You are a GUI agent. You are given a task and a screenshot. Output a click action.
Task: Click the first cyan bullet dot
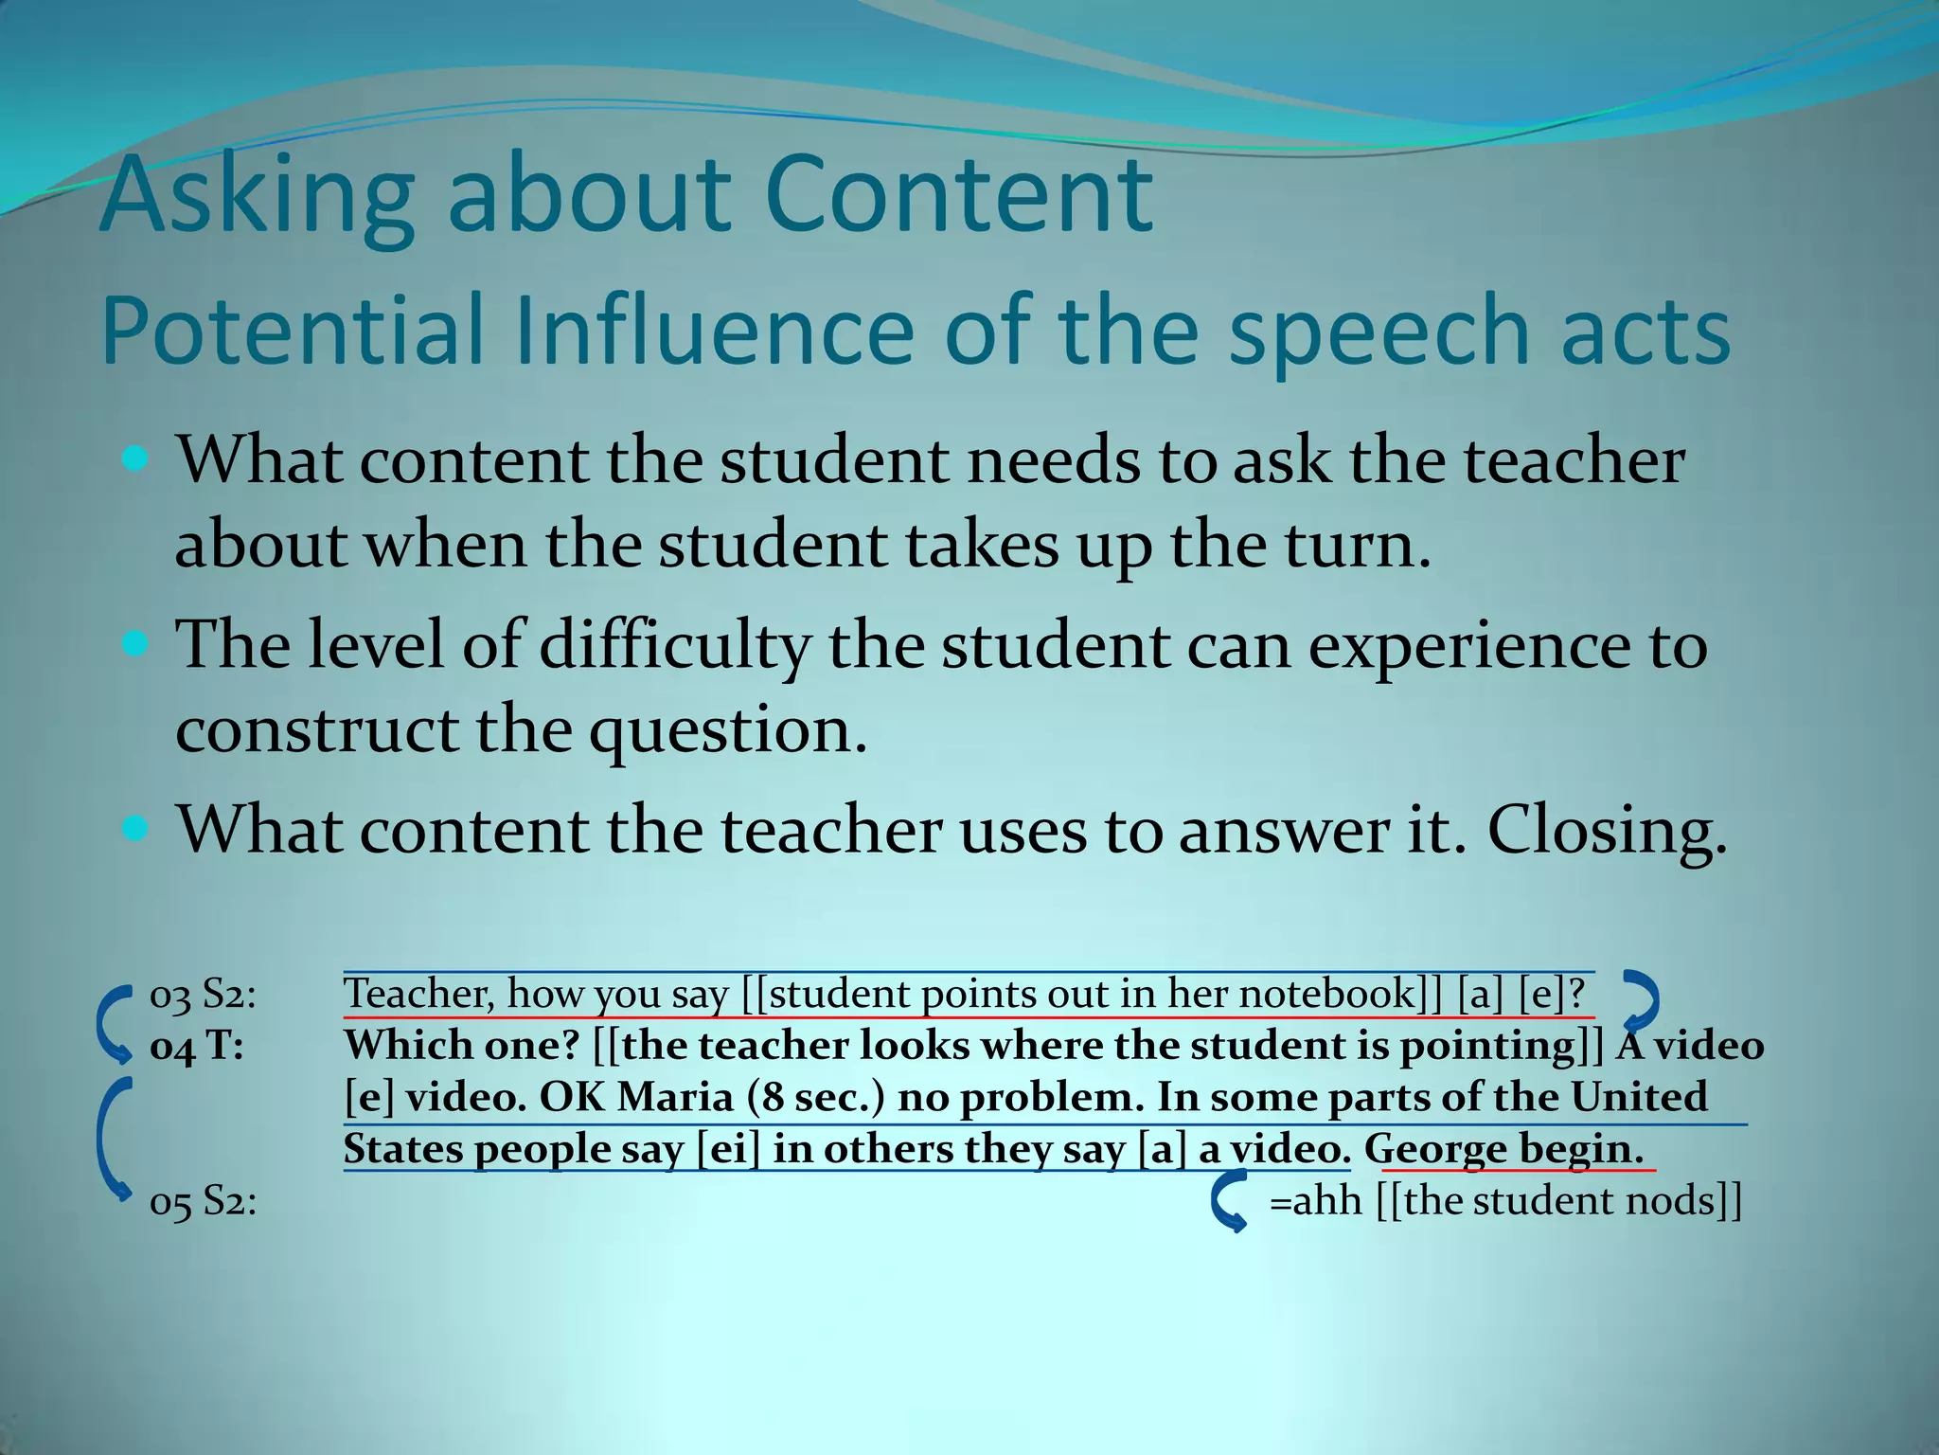point(136,461)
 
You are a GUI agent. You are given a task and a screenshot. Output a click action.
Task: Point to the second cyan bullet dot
point(136,646)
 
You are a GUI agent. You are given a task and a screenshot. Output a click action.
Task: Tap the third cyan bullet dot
point(136,831)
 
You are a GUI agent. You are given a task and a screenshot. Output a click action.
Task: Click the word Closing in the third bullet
point(1606,831)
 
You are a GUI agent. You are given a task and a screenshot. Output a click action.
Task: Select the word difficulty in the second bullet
point(675,646)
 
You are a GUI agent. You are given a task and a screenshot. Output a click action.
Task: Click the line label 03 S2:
point(203,995)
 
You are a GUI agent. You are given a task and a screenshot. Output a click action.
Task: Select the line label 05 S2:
point(203,1202)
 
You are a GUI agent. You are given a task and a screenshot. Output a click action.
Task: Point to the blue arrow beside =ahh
point(1229,1201)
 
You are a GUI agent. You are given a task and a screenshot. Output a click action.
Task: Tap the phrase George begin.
point(1503,1150)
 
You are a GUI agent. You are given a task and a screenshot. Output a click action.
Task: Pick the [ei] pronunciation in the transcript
point(728,1150)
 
